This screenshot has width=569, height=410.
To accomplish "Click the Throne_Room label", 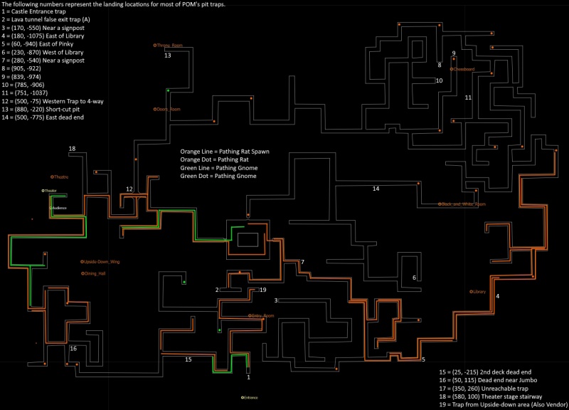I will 169,45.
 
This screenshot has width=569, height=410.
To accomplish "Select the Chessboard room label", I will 463,69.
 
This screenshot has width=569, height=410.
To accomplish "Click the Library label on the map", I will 478,292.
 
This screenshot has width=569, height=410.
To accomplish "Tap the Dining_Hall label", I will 95,273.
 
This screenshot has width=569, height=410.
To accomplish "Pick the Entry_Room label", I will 262,315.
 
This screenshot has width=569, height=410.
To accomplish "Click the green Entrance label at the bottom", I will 249,397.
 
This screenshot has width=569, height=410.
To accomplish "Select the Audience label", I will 60,207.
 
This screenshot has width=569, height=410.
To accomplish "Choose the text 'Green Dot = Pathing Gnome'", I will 218,176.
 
